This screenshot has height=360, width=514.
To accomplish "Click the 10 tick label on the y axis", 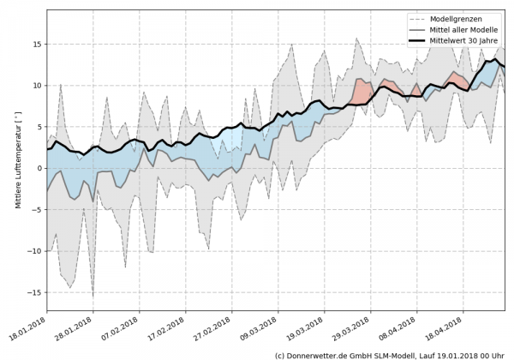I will click(x=38, y=85).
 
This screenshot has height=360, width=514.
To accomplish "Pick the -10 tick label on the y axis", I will click(x=35, y=250).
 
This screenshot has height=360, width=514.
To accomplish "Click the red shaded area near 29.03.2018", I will click(x=362, y=89).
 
